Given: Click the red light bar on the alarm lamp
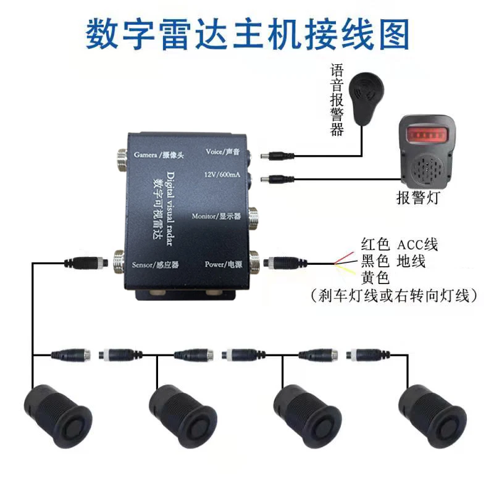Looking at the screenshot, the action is [427, 133].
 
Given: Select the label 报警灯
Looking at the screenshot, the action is [419, 198].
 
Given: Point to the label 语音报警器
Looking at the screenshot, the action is [337, 99].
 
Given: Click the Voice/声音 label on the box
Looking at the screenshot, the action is [223, 151].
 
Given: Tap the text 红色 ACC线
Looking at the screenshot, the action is [399, 245].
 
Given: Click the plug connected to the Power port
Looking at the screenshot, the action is [282, 262].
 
